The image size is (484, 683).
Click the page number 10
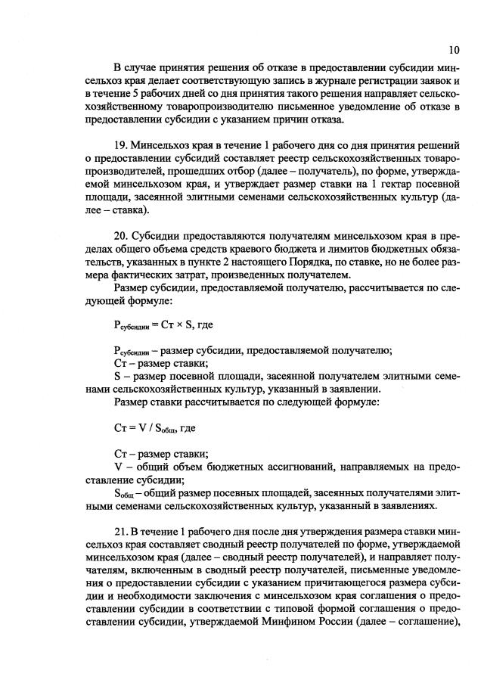tap(453, 50)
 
